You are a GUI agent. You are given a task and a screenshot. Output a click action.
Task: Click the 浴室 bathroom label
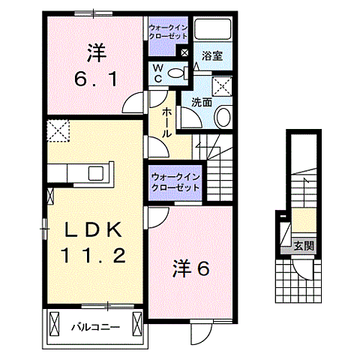[x=211, y=55]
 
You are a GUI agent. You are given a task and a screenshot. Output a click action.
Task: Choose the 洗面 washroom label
[x=200, y=102]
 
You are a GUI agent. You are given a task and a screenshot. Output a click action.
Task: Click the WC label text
[x=159, y=73]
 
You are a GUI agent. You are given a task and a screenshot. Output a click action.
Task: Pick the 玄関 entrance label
[x=304, y=244]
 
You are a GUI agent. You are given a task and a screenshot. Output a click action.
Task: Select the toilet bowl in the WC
[x=176, y=73]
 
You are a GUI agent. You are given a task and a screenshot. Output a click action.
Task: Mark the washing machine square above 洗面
[x=221, y=84]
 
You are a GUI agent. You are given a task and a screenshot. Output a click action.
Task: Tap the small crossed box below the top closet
[x=184, y=52]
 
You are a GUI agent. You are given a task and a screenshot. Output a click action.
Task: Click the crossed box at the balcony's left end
[x=53, y=324]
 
